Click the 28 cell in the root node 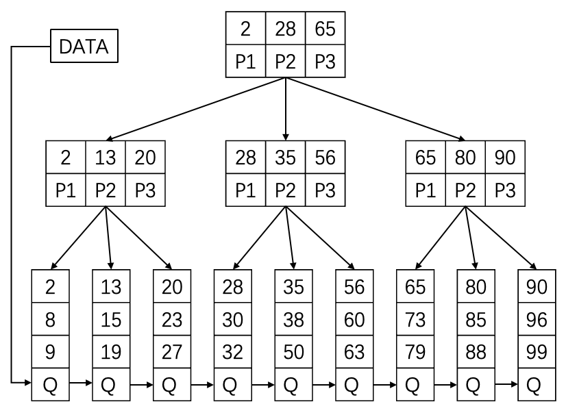pyautogui.click(x=285, y=30)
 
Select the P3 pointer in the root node pyautogui.click(x=325, y=62)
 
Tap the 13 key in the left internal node pyautogui.click(x=105, y=158)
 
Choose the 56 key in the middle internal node pyautogui.click(x=325, y=158)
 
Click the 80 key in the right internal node pyautogui.click(x=465, y=158)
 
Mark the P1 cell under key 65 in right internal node pyautogui.click(x=426, y=190)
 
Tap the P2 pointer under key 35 pyautogui.click(x=285, y=190)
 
